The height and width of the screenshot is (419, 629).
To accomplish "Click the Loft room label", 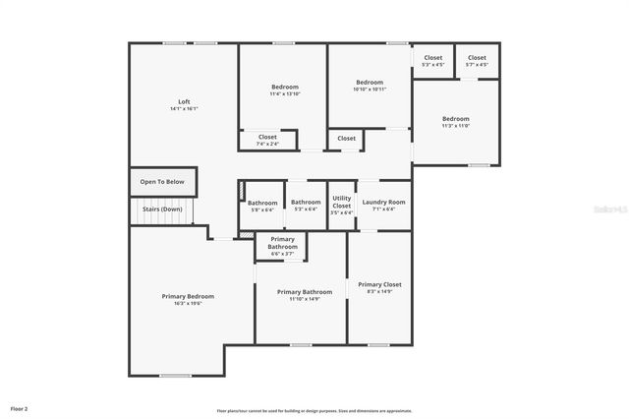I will point(184,101).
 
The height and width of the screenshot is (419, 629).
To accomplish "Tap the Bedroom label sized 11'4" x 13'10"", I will point(285,87).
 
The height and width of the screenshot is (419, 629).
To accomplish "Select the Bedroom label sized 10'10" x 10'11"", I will point(370,82).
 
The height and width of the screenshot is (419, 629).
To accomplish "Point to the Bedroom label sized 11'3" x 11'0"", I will point(456,119).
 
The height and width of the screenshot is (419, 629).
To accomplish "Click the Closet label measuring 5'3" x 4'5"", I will point(433,58).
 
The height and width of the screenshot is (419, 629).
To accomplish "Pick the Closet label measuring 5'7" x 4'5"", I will point(477,58).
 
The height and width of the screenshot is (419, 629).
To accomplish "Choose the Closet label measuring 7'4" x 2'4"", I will point(267,137).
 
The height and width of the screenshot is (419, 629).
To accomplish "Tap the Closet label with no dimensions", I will point(347,139).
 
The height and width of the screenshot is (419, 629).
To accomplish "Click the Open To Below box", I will point(162,182).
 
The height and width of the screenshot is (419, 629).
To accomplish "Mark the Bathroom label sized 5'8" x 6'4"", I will point(262,203).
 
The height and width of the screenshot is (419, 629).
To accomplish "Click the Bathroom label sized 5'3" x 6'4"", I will point(306,203).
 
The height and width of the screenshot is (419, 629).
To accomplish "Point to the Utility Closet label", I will point(341,203).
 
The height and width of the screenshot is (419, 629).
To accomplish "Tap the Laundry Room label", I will point(383,203).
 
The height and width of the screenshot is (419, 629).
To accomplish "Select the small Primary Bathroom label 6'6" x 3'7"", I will point(282,243).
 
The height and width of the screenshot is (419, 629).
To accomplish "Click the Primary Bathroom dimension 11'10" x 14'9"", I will point(305,299).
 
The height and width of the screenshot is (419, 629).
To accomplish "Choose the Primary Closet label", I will point(379,284).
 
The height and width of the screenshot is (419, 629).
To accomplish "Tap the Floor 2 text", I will point(20,407).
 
